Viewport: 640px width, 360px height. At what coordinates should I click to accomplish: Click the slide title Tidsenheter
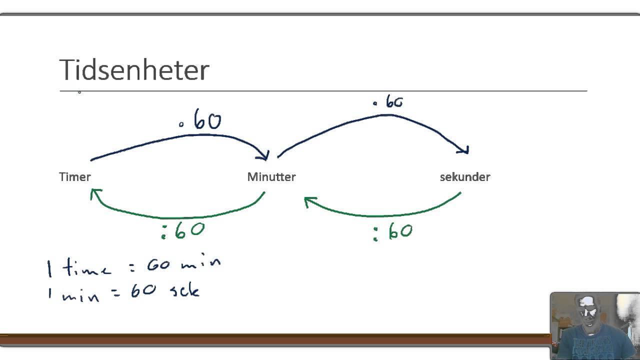click(x=134, y=69)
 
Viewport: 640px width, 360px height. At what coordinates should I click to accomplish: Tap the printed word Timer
click(x=75, y=176)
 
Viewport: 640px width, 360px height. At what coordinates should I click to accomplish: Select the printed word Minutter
click(x=271, y=176)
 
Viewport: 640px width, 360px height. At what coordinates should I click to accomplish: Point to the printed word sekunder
click(x=465, y=176)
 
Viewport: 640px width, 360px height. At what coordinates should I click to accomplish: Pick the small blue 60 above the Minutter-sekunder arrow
click(x=393, y=102)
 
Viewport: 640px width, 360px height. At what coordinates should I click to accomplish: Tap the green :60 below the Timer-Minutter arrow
click(x=183, y=230)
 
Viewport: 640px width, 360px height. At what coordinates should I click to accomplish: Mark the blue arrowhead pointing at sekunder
click(x=464, y=149)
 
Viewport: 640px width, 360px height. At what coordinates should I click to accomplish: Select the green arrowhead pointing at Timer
click(x=95, y=193)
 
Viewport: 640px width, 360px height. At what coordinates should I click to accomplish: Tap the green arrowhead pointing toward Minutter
click(x=310, y=201)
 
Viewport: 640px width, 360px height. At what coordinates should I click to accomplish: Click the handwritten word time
click(x=86, y=269)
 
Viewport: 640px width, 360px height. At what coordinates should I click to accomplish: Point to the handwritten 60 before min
click(x=158, y=264)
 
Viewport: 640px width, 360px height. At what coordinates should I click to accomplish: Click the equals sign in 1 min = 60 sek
click(x=115, y=292)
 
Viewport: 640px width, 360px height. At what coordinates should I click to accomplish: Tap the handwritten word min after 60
click(x=200, y=263)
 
